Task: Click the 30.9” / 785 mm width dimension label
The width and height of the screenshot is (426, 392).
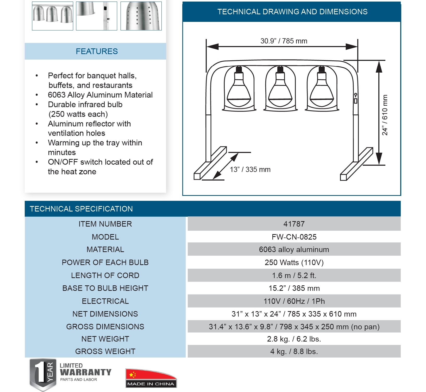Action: point(284,41)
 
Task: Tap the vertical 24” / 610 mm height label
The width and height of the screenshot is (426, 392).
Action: point(385,115)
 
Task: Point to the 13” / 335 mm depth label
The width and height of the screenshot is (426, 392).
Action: point(250,170)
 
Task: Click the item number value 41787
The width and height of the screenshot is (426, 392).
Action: point(294,224)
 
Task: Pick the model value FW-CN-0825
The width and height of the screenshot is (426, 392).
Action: point(294,237)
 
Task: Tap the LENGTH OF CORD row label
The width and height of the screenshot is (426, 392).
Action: point(105,275)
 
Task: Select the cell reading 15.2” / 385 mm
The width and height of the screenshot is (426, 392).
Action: point(294,288)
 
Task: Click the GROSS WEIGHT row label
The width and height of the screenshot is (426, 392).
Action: point(105,351)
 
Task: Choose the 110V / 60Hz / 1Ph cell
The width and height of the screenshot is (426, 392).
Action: point(294,301)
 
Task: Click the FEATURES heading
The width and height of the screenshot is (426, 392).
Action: point(97,52)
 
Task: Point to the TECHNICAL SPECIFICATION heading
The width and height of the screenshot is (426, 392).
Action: point(81,209)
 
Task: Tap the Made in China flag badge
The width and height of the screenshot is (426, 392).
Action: point(151,378)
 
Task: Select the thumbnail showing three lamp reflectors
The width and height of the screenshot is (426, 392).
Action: point(53,16)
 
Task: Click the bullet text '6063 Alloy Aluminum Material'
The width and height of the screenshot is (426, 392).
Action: point(100,95)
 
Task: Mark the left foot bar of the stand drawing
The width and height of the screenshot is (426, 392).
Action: point(210,163)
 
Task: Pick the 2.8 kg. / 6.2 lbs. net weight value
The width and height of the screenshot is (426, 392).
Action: point(294,339)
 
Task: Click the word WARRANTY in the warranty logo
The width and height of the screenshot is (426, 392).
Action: point(85,372)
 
